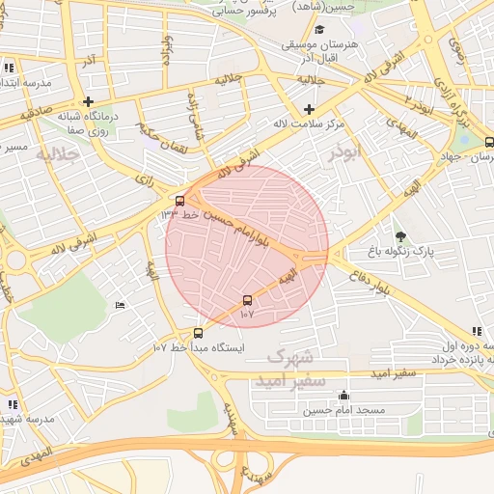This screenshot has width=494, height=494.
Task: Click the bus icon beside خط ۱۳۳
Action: (179, 202)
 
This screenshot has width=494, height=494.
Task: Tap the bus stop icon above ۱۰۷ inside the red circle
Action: (248, 300)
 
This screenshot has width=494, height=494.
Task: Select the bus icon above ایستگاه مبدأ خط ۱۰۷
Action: (199, 333)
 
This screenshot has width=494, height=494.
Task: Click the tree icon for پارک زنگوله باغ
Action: (400, 235)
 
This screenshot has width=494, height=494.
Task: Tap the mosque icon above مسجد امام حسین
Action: (344, 395)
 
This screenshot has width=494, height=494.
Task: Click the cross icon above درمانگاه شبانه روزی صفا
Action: (88, 100)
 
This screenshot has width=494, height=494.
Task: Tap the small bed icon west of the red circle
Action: (120, 306)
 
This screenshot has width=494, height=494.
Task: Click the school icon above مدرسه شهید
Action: (13, 404)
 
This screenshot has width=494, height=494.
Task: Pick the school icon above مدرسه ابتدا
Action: (9, 68)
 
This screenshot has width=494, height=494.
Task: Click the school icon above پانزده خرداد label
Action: (477, 330)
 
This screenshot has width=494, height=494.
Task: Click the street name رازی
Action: (145, 179)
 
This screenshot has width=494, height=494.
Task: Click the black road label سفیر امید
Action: (397, 371)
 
